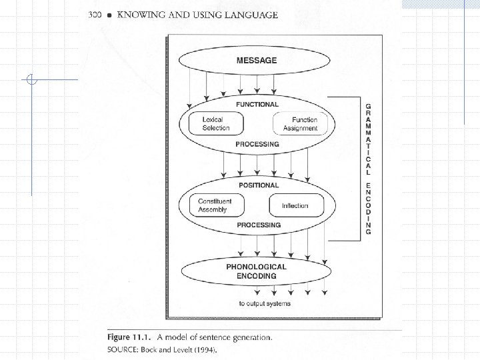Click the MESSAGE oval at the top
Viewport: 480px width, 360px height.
point(257,61)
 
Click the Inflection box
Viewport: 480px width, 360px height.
point(295,205)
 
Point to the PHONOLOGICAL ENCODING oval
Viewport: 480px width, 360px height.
point(257,271)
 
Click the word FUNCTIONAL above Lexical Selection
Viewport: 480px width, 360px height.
point(257,104)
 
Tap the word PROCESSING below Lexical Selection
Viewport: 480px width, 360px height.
point(257,144)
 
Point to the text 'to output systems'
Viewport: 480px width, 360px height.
point(265,304)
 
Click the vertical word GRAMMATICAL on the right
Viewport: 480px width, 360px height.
point(368,137)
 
